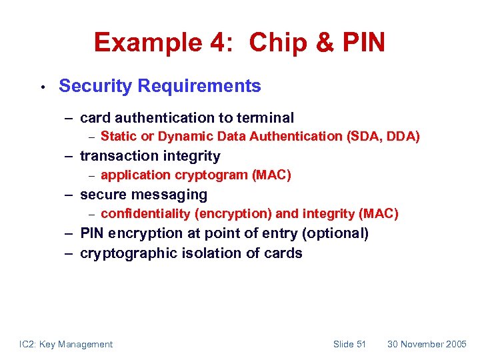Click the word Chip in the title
click(275, 43)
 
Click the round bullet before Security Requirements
click(41, 87)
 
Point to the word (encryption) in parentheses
click(233, 214)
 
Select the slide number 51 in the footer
click(361, 344)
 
